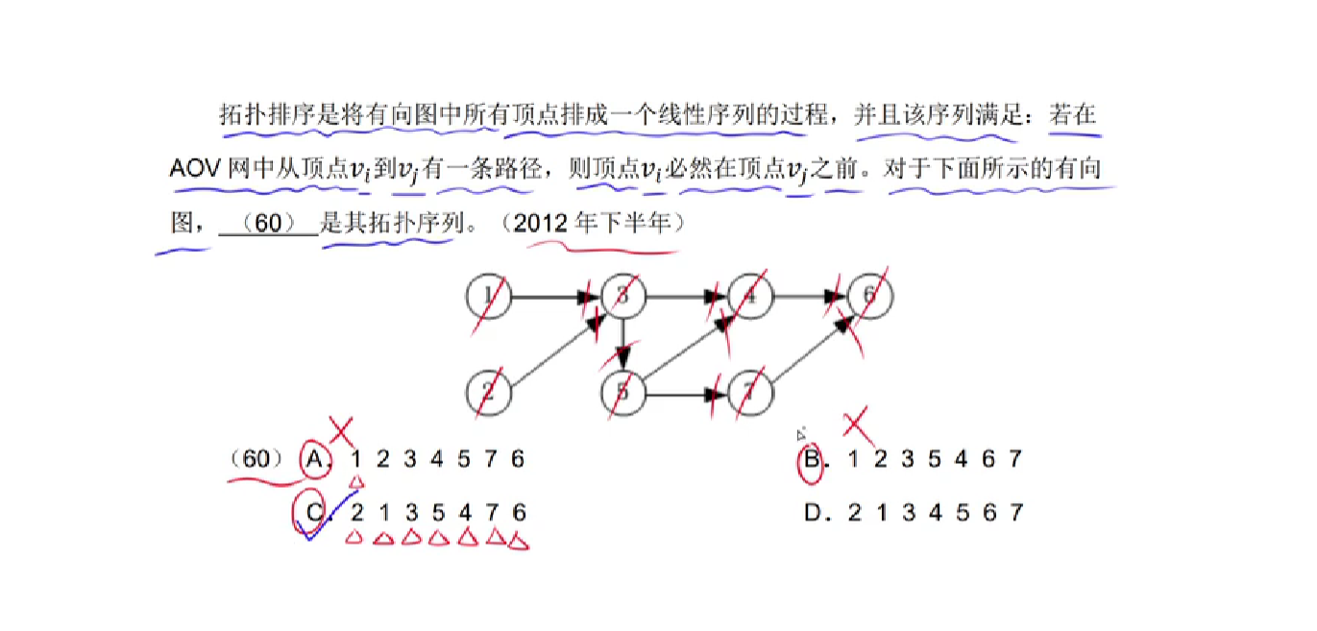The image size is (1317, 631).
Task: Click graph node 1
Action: pos(489,297)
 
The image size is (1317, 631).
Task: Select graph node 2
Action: pos(489,392)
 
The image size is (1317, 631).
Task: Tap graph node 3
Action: pos(623,297)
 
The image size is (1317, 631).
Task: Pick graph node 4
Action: pos(751,297)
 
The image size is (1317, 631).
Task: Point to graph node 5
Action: pos(623,392)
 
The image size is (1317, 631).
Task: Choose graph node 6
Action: pos(870,297)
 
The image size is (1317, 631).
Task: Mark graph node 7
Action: pos(751,392)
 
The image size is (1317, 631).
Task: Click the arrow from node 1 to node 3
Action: pos(552,297)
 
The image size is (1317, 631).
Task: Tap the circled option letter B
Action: pos(812,460)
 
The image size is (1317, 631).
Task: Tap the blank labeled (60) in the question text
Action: pos(268,224)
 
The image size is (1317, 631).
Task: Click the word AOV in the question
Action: pos(195,171)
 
